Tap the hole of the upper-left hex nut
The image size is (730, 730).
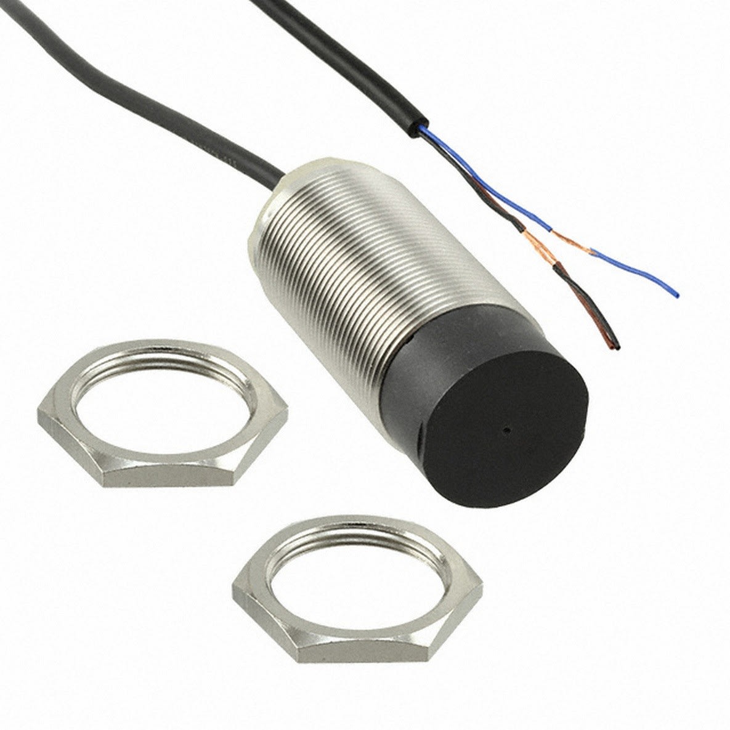(154, 394)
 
